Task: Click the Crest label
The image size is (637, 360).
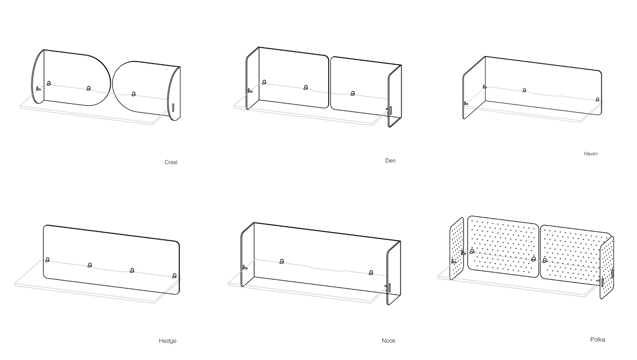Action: point(171,162)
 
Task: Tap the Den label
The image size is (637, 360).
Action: point(390,160)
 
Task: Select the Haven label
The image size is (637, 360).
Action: point(591,154)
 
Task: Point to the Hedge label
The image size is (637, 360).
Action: point(168,340)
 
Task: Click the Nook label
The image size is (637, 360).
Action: point(389,340)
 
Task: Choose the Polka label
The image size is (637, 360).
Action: point(598,339)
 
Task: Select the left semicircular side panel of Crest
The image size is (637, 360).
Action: point(38,76)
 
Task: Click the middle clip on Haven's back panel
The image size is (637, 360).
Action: point(524,90)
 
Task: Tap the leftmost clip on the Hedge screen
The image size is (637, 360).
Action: point(47,259)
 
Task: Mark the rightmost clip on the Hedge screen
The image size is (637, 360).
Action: point(174,276)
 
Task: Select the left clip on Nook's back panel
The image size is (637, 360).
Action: point(282,262)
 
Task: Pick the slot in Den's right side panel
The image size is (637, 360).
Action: point(391,110)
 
